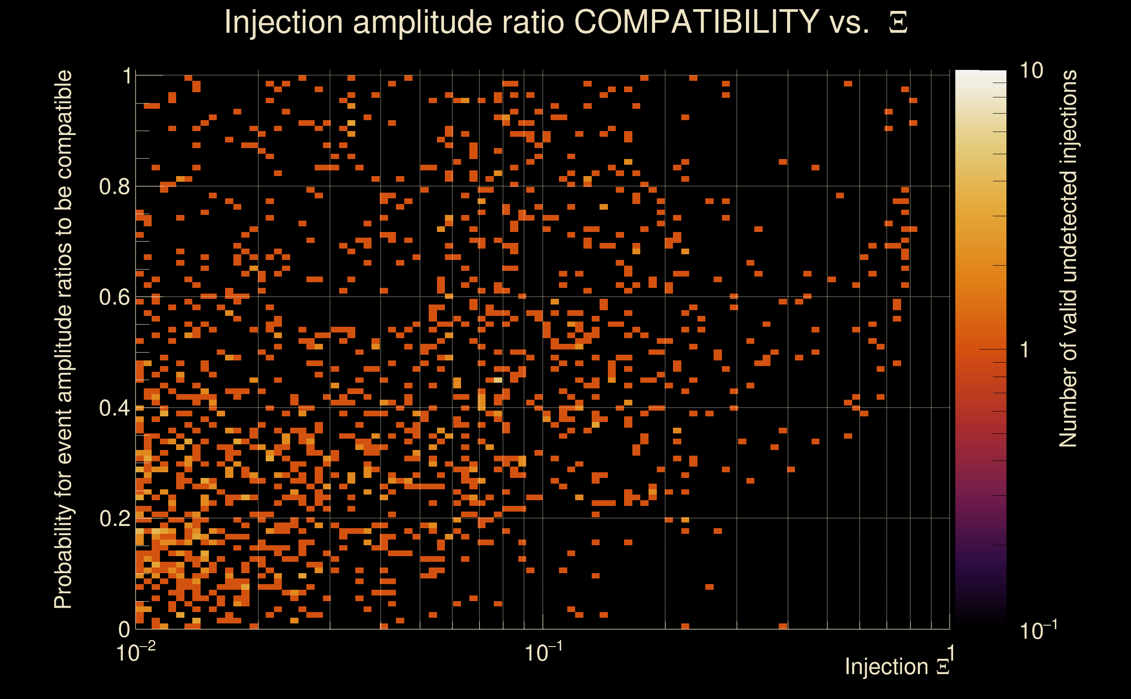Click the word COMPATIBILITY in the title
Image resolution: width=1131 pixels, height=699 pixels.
coord(696,22)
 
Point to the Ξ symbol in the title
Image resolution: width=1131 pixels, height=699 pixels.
coord(898,23)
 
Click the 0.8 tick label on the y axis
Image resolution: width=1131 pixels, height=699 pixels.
coord(114,187)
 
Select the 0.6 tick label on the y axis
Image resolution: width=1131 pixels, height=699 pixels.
coord(114,297)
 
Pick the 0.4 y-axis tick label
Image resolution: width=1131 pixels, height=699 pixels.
coord(114,408)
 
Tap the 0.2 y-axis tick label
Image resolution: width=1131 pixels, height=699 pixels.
coord(114,519)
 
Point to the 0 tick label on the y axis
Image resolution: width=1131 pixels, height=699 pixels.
coord(124,629)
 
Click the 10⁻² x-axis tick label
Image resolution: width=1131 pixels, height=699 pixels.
coord(135,652)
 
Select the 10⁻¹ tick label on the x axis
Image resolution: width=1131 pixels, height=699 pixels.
coord(543,652)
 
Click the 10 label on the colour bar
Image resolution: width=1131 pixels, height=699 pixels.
coord(1031,71)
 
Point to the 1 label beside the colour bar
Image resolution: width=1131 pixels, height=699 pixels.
coord(1025,350)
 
